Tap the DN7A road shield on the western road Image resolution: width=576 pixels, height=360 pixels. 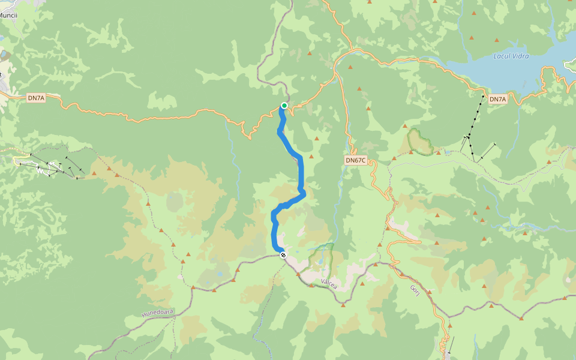[36, 97]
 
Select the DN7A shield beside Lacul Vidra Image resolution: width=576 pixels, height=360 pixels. [498, 98]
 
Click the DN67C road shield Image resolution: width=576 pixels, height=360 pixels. [355, 160]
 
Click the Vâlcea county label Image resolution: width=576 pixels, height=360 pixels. [329, 283]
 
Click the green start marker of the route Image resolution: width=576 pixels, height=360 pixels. [284, 106]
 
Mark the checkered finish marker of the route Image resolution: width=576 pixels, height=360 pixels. [283, 255]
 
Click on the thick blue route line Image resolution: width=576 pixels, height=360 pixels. [301, 174]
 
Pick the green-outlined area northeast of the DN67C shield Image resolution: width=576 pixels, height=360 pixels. [420, 142]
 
